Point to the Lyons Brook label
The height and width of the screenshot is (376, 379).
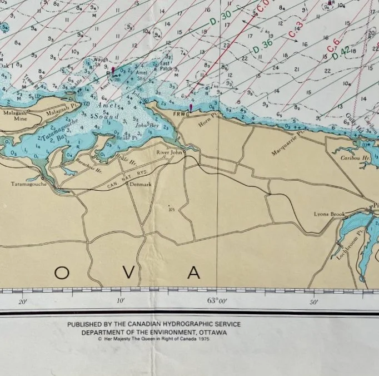point(330,214)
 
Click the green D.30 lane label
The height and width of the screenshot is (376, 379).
point(221,19)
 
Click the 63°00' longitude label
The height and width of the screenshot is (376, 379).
point(218,301)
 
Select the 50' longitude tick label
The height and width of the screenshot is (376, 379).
point(314,302)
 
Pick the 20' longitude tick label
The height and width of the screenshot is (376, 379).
point(23,302)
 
